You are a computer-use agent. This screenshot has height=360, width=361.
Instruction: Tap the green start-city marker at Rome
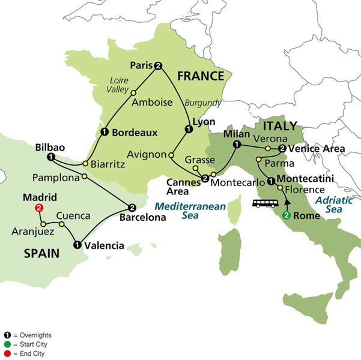pos(287,216)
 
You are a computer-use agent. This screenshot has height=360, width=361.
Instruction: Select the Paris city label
pos(140,65)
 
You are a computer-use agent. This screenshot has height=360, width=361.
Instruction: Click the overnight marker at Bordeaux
pos(105,133)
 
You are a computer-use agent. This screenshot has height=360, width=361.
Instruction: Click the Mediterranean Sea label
pos(189,211)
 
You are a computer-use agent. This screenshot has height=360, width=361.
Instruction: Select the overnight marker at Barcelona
pos(132,208)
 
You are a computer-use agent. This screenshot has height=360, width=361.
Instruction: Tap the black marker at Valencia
pos(77,244)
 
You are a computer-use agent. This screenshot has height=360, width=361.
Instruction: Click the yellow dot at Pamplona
pos(84,176)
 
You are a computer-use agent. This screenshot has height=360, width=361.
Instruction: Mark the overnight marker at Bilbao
pos(50,157)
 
